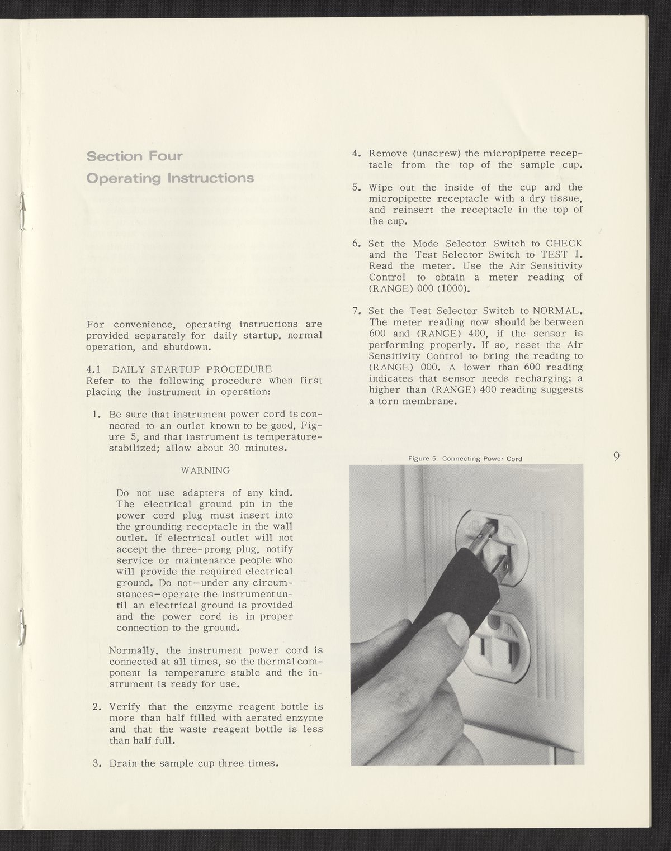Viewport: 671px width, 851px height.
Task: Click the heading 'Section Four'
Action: point(134,156)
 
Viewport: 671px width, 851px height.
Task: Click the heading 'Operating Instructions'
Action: point(170,178)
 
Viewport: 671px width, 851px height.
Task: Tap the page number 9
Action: point(616,457)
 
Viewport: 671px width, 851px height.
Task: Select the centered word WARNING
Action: point(205,470)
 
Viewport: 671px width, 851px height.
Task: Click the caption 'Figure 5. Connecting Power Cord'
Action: point(465,459)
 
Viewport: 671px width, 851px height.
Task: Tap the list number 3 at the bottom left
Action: point(96,763)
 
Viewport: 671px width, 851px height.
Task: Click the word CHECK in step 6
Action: point(564,244)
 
